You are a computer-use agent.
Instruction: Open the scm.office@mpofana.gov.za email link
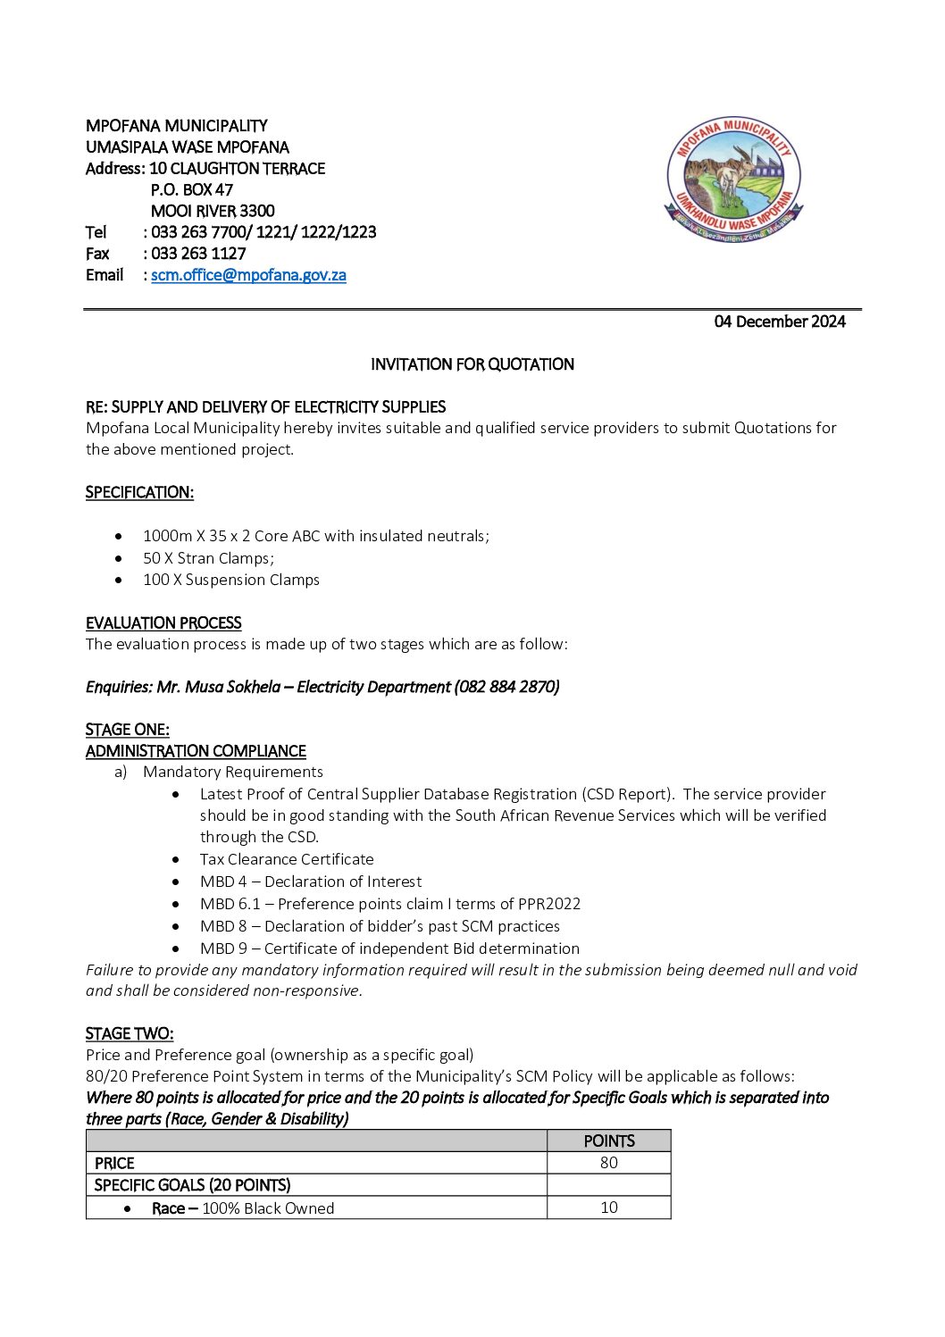pos(248,275)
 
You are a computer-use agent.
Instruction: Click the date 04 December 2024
pos(779,322)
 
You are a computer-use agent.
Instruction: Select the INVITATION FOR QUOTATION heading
pos(472,364)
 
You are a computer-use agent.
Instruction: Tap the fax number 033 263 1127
pos(198,254)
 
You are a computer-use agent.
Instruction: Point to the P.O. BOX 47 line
pos(192,189)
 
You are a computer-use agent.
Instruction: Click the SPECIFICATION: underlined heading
pos(139,492)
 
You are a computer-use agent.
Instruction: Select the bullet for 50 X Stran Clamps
pos(119,558)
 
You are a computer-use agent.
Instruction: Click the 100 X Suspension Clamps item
pos(230,580)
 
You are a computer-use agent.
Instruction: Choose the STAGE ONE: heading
pos(127,730)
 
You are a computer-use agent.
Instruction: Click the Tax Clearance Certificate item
pos(287,859)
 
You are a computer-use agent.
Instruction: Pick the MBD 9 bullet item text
pos(389,948)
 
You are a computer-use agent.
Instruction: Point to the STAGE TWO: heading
pos(130,1033)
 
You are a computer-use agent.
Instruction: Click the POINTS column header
pos(608,1141)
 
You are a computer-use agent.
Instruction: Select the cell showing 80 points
pos(608,1162)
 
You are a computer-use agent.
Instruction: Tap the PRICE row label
pos(114,1163)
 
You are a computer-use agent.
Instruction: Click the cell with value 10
pos(608,1207)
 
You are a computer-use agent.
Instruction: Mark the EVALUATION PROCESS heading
pos(163,623)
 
